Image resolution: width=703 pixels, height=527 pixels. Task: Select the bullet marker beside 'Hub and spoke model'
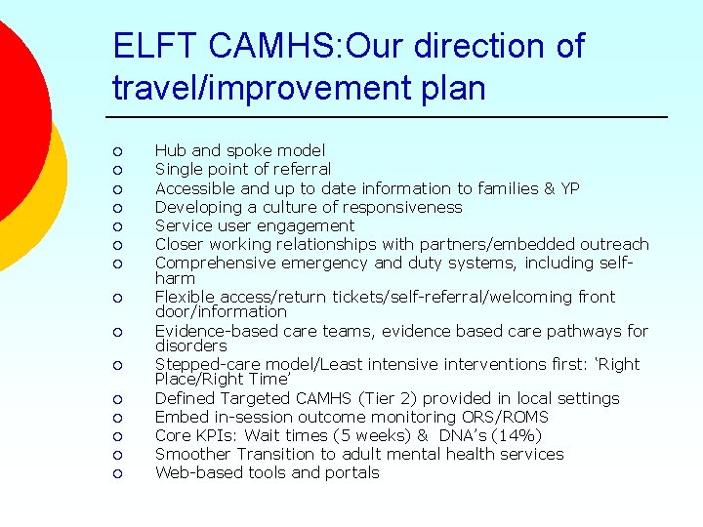click(x=116, y=151)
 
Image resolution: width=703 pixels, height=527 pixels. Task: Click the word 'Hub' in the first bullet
click(x=171, y=150)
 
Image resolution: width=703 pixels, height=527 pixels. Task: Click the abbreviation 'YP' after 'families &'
click(x=569, y=187)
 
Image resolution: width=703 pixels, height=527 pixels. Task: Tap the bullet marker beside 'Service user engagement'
click(x=116, y=226)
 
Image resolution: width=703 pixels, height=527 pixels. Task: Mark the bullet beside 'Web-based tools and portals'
click(x=116, y=473)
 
